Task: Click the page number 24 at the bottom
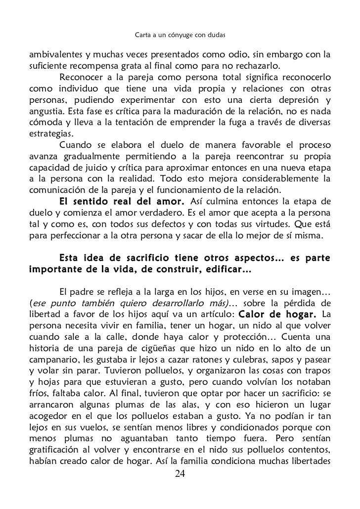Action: pos(180,475)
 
